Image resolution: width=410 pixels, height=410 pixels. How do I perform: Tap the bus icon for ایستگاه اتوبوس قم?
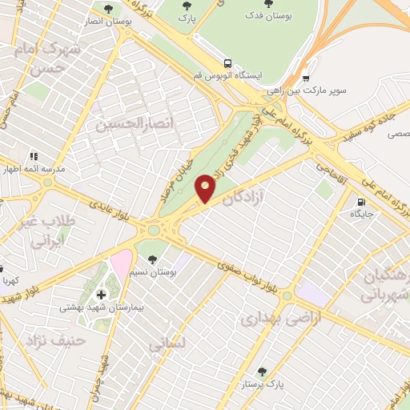click(x=229, y=62)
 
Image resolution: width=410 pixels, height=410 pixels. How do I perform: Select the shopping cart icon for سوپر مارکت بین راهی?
click(x=307, y=78)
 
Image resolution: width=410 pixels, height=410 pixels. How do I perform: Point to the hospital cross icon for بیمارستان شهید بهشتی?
click(x=101, y=295)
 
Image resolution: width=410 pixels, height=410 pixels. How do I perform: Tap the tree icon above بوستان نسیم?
click(x=151, y=258)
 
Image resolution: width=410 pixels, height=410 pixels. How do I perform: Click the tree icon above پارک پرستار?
click(x=262, y=372)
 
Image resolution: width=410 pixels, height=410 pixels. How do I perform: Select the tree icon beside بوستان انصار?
click(x=108, y=9)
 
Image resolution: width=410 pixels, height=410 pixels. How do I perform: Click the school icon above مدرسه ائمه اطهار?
click(x=34, y=156)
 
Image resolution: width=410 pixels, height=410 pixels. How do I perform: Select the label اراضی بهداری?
click(x=270, y=318)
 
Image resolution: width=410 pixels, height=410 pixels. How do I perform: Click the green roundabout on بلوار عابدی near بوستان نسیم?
click(x=152, y=231)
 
